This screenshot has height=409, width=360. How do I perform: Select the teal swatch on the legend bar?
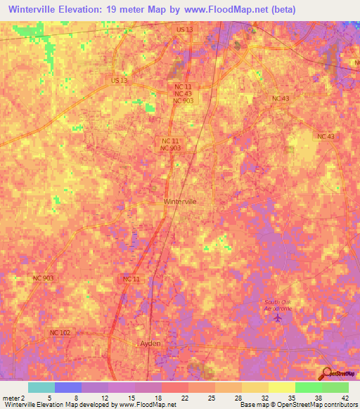pos(41,387)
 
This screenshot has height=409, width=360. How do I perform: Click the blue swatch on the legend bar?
pos(67,387)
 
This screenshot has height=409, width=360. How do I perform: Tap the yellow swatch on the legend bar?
pos(281,387)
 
